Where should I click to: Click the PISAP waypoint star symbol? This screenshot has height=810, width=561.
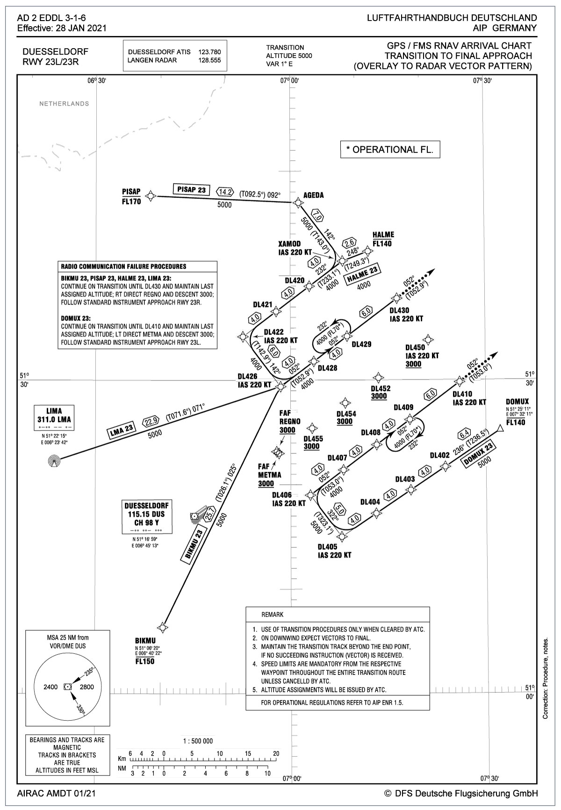150,195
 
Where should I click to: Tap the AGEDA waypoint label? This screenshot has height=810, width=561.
314,195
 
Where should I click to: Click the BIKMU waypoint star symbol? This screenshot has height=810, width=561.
163,626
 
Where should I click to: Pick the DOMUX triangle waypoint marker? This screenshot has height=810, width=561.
500,428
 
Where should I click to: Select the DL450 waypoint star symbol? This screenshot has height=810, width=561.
426,338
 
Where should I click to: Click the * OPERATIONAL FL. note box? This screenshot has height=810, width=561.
390,150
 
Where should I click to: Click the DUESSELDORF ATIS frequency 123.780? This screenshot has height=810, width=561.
209,52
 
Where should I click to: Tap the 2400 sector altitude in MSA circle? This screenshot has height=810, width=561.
50,687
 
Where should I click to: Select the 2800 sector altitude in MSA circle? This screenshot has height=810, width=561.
87,687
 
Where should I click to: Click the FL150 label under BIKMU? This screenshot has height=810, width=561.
145,661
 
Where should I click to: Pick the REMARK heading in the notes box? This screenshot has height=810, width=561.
272,614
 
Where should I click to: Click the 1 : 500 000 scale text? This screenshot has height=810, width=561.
197,741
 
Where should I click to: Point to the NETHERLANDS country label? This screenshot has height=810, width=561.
64,104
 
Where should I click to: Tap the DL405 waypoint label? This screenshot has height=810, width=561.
327,547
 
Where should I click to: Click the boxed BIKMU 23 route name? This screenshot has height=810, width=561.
193,545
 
